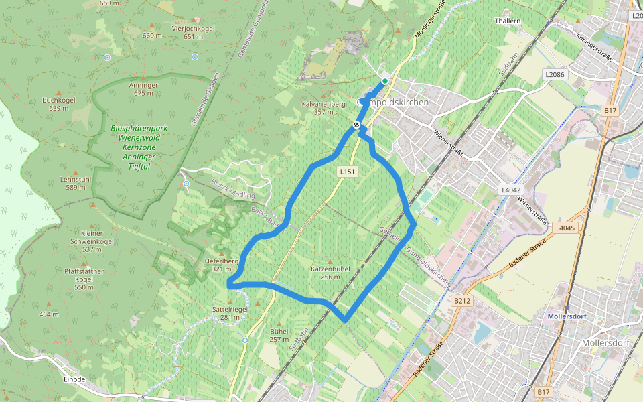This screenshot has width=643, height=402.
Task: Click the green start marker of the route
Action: (384, 82)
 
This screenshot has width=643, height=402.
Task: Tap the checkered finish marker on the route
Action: (356, 124)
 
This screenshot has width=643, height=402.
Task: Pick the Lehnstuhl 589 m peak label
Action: (75, 183)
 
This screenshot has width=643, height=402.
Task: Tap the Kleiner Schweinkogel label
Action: (92, 241)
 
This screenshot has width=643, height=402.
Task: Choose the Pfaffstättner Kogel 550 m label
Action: (84, 279)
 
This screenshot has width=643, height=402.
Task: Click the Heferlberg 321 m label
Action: (217, 265)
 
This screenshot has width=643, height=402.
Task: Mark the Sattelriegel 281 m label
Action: (230, 313)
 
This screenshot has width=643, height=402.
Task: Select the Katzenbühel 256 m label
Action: (330, 272)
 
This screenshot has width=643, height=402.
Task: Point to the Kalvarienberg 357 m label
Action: (324, 108)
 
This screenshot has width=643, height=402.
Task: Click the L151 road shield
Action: (346, 172)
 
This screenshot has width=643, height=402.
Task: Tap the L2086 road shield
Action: (555, 74)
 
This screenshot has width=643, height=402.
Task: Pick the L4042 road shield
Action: (511, 190)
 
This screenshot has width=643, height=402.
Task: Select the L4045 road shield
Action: (565, 228)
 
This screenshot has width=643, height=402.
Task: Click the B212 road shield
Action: (462, 301)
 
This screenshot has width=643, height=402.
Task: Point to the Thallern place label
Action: (507, 21)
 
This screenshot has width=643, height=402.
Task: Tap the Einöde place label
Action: (74, 379)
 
